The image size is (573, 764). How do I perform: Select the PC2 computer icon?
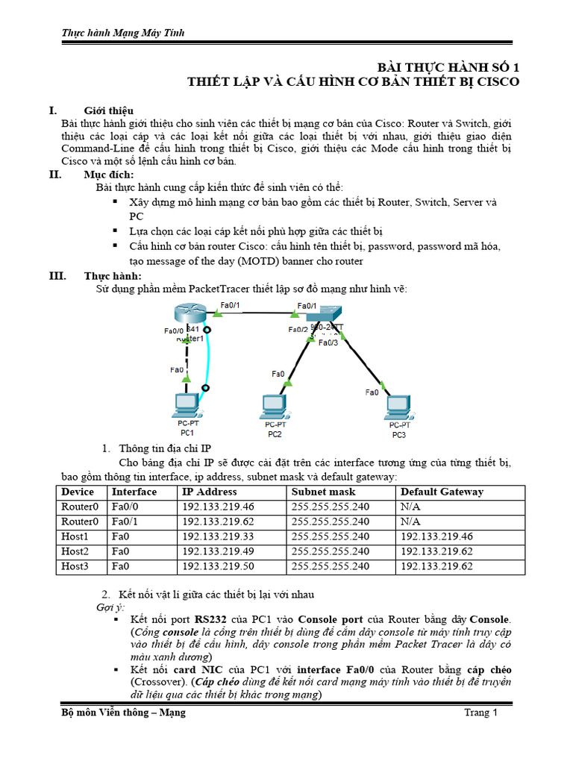pyautogui.click(x=274, y=407)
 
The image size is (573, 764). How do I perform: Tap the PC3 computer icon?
pyautogui.click(x=398, y=407)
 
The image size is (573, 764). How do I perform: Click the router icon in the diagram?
pyautogui.click(x=187, y=315)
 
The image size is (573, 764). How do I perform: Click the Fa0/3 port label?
pyautogui.click(x=328, y=343)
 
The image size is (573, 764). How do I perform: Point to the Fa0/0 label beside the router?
pyautogui.click(x=173, y=331)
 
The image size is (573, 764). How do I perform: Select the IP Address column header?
pyautogui.click(x=210, y=492)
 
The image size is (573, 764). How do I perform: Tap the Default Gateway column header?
pyautogui.click(x=442, y=492)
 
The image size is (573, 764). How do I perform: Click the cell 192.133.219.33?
pyautogui.click(x=218, y=536)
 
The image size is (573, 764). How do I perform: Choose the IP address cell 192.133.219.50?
pyautogui.click(x=218, y=566)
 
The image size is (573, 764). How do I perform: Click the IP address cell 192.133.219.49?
pyautogui.click(x=218, y=551)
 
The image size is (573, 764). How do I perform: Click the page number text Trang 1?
pyautogui.click(x=480, y=713)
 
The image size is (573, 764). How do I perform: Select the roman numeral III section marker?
pyautogui.click(x=57, y=276)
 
